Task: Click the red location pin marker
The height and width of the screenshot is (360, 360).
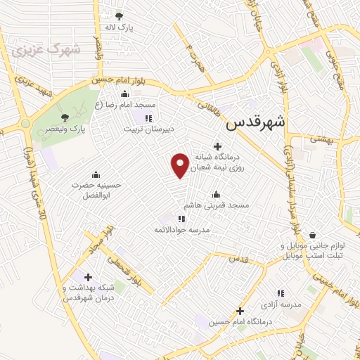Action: point(181,165)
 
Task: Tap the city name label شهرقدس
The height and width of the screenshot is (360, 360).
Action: point(256,122)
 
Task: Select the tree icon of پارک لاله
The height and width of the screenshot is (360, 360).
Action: point(119,15)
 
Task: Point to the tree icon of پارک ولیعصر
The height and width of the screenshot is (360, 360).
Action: point(65,117)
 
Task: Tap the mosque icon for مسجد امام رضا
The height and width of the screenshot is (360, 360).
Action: point(125,94)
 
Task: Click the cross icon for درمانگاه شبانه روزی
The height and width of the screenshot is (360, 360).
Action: point(206,145)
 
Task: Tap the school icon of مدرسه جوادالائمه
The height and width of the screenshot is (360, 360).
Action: point(182,219)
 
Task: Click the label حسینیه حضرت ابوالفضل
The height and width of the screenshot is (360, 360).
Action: point(96,190)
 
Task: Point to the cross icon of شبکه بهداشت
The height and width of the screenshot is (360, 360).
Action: point(87,277)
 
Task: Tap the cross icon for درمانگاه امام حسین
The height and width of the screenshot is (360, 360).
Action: point(240,310)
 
